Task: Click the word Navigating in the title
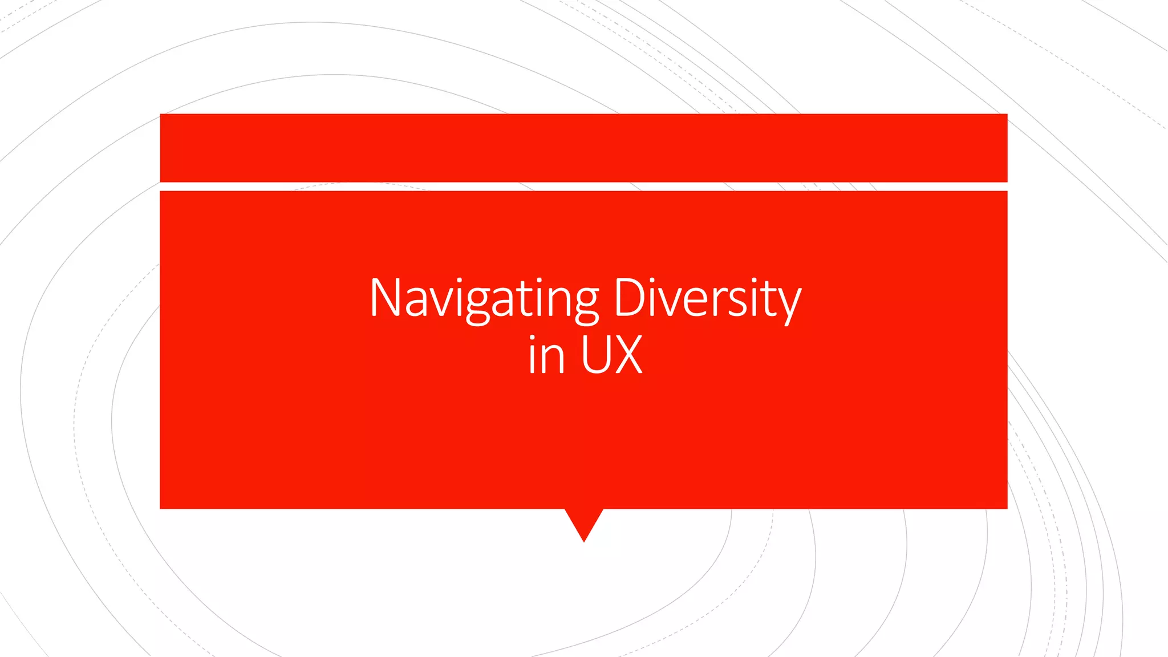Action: click(x=484, y=299)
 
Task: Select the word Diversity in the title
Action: click(x=707, y=299)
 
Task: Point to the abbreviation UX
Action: click(x=612, y=355)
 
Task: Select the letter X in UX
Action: click(x=628, y=355)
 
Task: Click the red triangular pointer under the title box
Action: click(x=584, y=522)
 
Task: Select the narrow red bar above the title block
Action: click(x=583, y=148)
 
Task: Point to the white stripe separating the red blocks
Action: click(x=583, y=186)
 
